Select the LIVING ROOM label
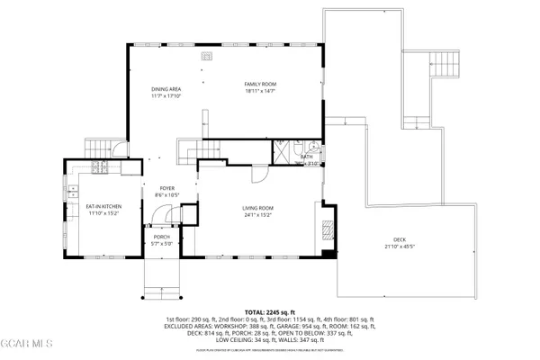click(257, 208)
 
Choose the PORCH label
click(160, 238)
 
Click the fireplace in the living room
click(326, 229)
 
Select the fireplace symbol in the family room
click(206, 56)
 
